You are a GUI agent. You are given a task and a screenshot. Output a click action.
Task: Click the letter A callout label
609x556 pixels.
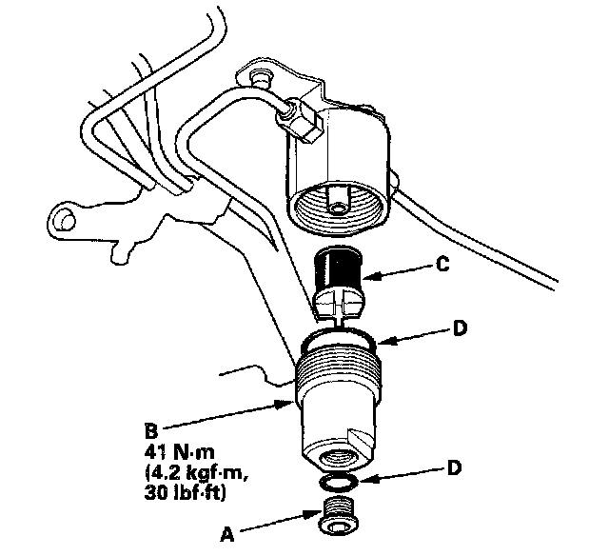pos(226,534)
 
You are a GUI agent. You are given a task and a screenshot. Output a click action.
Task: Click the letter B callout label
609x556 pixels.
pos(151,431)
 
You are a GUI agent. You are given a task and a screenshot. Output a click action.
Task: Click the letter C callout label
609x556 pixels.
pos(442,265)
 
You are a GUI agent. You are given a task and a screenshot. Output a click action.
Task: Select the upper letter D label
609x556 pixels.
pos(460,328)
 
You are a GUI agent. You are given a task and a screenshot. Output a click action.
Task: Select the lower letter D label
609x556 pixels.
pos(454,467)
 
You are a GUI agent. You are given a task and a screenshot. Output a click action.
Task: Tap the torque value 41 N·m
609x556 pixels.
pos(179,452)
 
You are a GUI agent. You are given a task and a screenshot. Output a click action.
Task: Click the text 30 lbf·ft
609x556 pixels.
pos(185,493)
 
